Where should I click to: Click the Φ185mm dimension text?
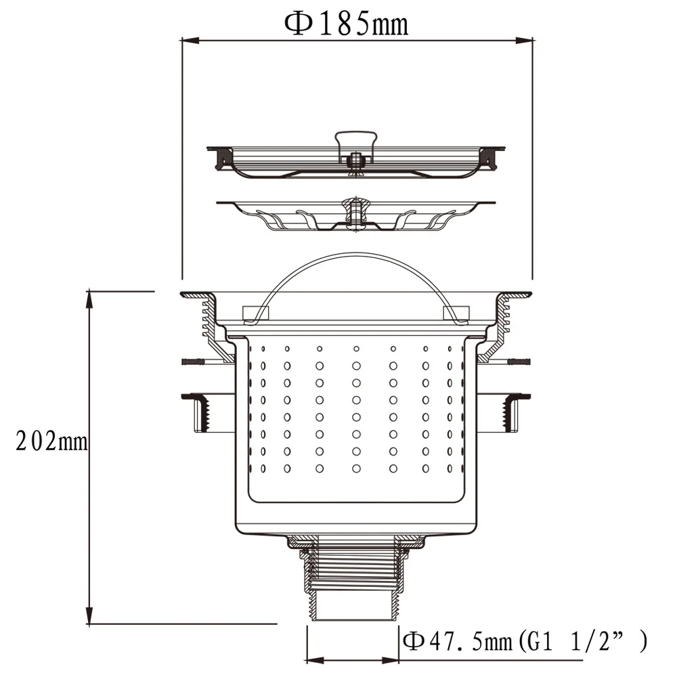(346, 24)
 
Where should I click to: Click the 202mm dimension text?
(52, 441)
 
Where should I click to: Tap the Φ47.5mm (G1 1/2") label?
(525, 640)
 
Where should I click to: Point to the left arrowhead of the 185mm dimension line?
(187, 41)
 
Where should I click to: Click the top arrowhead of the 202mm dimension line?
(89, 297)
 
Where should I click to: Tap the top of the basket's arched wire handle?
(355, 256)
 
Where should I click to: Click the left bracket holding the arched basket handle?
(256, 312)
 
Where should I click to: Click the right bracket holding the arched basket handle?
(455, 312)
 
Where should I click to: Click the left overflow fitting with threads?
(200, 412)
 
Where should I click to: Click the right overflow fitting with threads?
(511, 412)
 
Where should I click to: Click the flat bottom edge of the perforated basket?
(355, 502)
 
